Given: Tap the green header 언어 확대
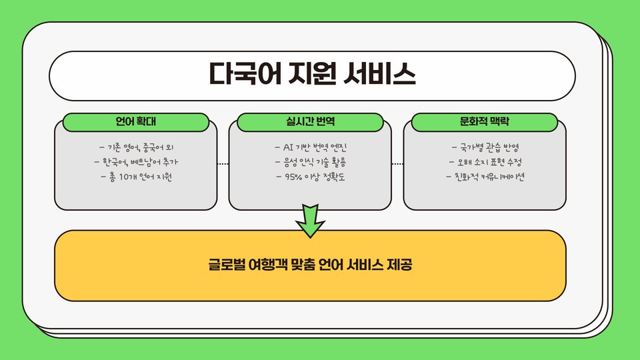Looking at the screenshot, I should point(136,122).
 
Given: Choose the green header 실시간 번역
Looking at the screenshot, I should point(310,122).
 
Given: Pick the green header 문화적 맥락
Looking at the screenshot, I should point(484,122).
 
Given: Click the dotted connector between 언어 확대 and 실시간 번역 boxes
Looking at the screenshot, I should point(223,163).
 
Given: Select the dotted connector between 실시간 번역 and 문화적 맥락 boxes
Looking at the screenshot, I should point(397,163).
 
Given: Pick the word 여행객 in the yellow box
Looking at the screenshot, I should point(269,265).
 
